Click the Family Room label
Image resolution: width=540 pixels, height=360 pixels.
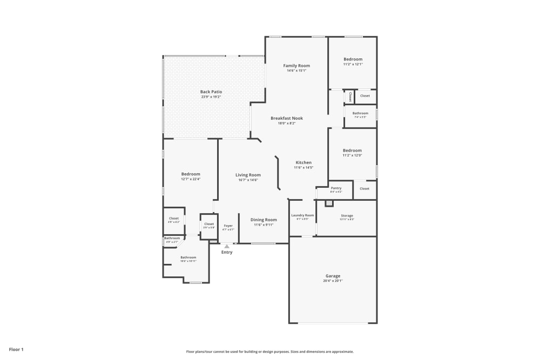pos(296,66)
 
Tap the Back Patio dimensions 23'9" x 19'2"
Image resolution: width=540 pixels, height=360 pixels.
pos(211,97)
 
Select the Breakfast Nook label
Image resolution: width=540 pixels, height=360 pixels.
pos(287,118)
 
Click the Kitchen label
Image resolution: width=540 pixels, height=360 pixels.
pos(303,162)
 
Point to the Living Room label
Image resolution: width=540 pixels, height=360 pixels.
pos(248,175)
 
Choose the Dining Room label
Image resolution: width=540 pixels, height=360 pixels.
pos(264,220)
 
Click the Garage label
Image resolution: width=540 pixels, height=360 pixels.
pos(333,276)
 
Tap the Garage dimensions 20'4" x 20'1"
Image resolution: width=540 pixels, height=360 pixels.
pos(333,281)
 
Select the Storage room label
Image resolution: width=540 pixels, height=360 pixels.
pos(347,215)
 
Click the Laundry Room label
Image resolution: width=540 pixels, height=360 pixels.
pos(302,215)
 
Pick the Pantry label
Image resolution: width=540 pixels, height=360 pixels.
pos(336,188)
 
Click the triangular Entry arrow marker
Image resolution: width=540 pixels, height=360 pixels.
pos(227,246)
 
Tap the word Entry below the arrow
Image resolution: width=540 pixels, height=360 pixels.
pos(227,252)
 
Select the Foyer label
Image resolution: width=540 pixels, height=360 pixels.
pos(228,226)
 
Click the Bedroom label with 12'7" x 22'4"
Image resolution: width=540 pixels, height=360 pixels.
pos(191,174)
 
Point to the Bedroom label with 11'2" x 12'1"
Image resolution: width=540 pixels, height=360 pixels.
pos(353,59)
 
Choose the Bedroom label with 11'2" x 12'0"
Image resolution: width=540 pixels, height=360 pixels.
pos(353,151)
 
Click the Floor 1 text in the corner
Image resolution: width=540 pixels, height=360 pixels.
pos(16,350)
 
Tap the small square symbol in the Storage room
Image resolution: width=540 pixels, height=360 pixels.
pos(329,203)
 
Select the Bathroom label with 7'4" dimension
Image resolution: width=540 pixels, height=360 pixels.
pos(360,113)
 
